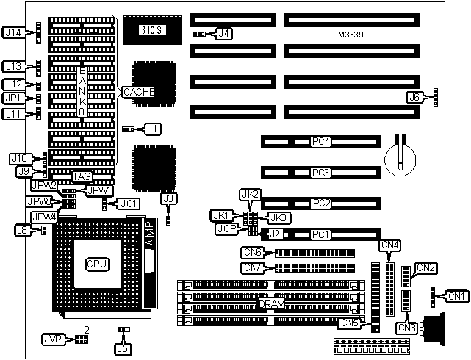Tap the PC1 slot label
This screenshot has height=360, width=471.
(x=318, y=234)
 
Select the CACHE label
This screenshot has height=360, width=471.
(x=139, y=92)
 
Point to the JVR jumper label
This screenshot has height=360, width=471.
(x=52, y=339)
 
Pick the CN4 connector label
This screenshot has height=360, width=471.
(x=389, y=245)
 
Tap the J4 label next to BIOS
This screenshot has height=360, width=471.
(x=224, y=33)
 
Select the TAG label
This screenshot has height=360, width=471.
(x=82, y=176)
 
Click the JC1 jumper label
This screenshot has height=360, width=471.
(x=129, y=203)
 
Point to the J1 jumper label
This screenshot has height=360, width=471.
(x=152, y=129)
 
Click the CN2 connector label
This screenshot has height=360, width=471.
(x=426, y=267)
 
